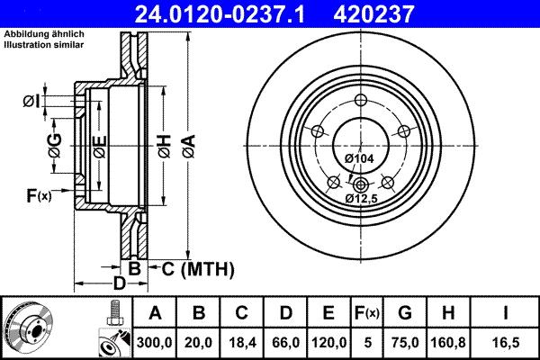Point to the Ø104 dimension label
coord(359,158)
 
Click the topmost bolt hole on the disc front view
coord(360,101)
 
